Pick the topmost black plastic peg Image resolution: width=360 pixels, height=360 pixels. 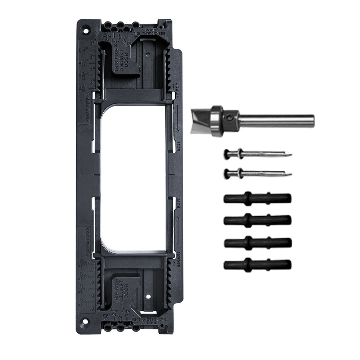[x=257, y=198]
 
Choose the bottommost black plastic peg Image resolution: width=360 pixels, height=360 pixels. [x=257, y=265]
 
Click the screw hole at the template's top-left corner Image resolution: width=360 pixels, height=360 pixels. [x=85, y=27]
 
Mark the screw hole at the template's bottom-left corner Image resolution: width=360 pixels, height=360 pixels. [x=85, y=321]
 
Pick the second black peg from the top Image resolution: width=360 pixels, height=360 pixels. [x=257, y=219]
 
